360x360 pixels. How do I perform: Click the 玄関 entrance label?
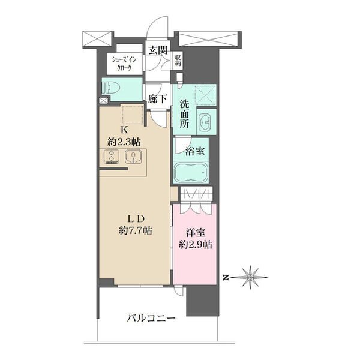[158, 50]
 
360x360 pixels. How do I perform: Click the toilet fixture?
[114, 88]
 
